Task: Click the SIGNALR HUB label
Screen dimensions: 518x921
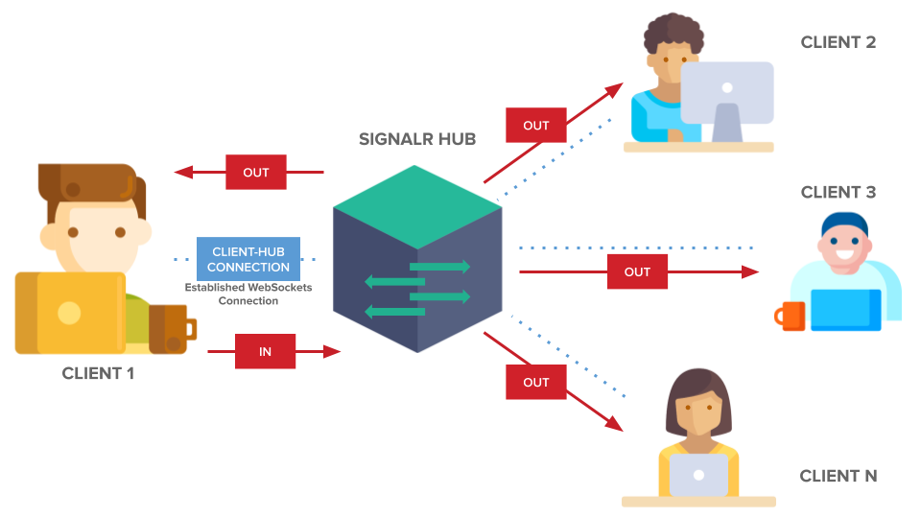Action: tap(417, 139)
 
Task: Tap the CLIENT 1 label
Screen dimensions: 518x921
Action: tap(98, 373)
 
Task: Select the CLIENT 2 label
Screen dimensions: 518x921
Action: tap(838, 42)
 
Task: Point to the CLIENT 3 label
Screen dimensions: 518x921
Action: tap(838, 193)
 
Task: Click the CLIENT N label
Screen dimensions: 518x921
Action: tap(838, 476)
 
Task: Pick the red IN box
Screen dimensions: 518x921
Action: tap(266, 352)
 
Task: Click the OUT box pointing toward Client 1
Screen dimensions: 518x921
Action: tap(256, 173)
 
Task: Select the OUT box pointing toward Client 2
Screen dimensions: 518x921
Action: tap(536, 126)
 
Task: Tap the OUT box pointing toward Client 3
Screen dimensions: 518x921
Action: tap(637, 272)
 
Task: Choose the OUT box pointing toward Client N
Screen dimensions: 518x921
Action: tap(536, 382)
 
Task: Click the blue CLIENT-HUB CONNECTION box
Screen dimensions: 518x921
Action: tap(248, 260)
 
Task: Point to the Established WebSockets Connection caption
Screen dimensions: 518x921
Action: tap(248, 294)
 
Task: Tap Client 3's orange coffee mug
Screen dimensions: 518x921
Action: tap(791, 316)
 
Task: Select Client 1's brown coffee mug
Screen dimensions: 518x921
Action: tap(174, 327)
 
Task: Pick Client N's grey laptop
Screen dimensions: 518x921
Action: tap(698, 474)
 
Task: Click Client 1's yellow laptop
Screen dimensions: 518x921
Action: tap(70, 313)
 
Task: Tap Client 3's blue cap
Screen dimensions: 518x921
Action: tap(844, 224)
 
